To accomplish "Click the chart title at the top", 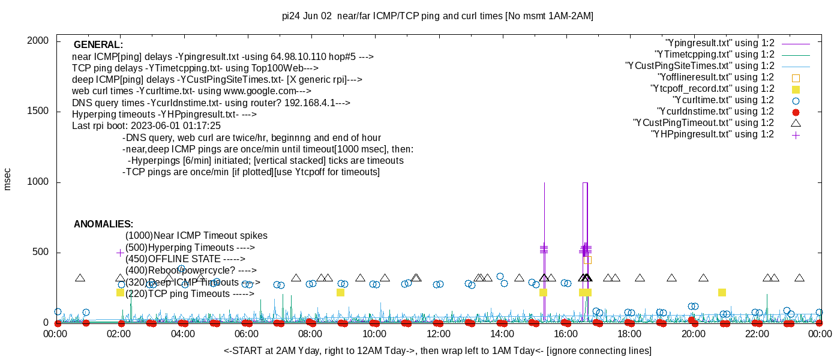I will (x=437, y=16).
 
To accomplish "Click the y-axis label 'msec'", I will (x=8, y=179).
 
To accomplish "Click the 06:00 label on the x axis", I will (x=247, y=334).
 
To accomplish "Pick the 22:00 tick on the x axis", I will (x=757, y=334).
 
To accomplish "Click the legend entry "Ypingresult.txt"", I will (x=720, y=43).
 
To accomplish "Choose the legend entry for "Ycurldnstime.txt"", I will (x=715, y=112).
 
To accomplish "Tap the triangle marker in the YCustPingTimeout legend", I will (x=796, y=123).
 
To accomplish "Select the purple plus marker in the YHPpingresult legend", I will (x=796, y=134).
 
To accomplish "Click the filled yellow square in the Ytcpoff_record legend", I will (x=796, y=89).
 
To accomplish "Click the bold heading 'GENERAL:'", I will (x=98, y=45).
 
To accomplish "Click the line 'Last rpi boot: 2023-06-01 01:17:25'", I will (x=146, y=126).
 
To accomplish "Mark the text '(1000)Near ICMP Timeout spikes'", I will (x=196, y=236).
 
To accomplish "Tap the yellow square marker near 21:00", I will (x=722, y=293).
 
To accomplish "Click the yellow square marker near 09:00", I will (x=340, y=293).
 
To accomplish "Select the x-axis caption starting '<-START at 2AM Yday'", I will (x=437, y=350).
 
